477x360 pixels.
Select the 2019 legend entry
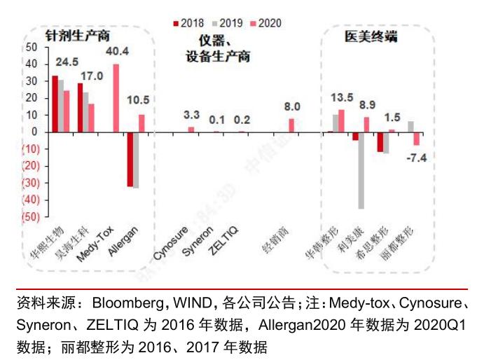228,23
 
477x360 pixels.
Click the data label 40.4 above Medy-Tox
116,52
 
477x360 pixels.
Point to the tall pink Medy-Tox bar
116,97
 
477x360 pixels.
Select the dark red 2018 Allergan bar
130,158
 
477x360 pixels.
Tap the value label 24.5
67,62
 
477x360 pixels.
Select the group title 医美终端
371,36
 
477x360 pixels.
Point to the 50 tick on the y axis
30,47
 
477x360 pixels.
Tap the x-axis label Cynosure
172,242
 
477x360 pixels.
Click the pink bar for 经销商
291,125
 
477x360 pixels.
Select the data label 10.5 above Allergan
143,99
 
